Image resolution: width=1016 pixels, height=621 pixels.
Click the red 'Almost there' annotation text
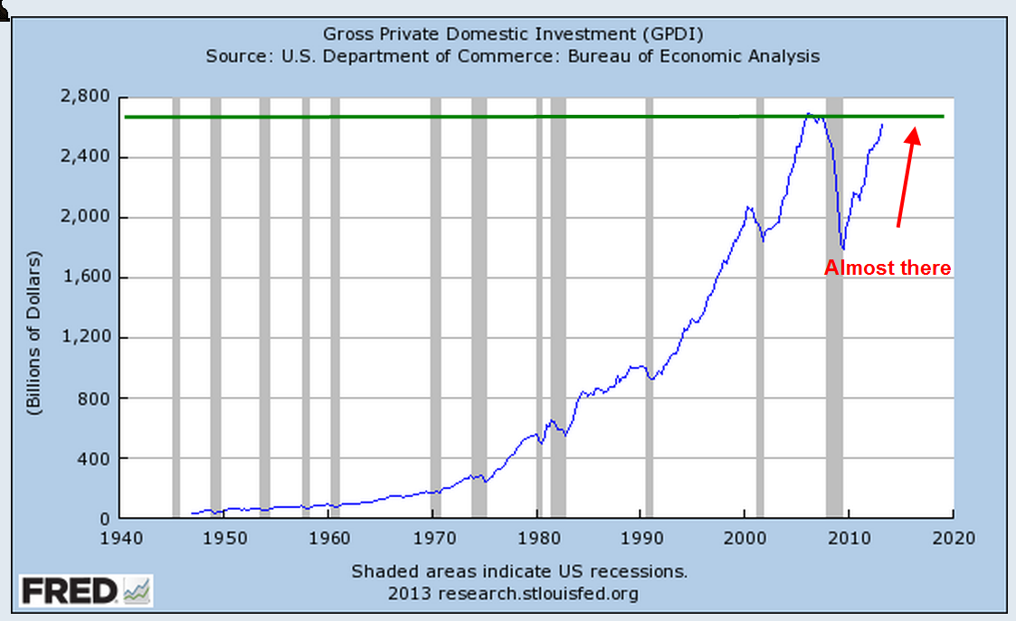coord(888,268)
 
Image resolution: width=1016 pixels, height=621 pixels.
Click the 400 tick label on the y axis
coord(96,458)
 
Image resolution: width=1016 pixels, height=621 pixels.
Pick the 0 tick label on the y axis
coord(105,519)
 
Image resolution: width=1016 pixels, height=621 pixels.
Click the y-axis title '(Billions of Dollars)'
coord(34,331)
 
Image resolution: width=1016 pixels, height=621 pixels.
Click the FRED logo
coord(86,591)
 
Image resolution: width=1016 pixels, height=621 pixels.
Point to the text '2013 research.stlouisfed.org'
coord(513,593)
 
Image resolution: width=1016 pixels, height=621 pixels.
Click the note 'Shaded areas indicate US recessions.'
coord(519,572)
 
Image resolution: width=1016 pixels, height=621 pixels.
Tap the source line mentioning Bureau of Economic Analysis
coord(513,56)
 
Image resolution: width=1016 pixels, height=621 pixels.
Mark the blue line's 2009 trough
coord(843,249)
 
